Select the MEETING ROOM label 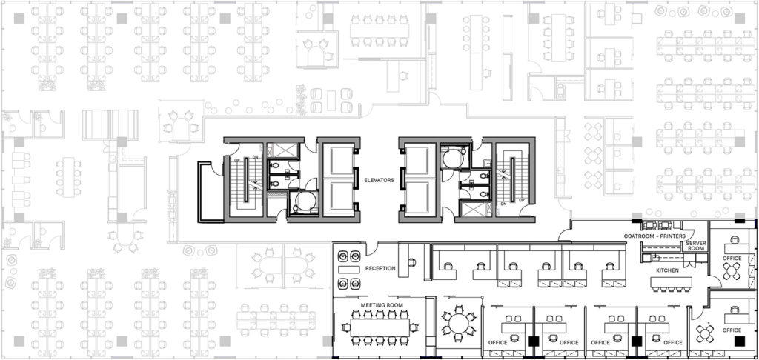381,305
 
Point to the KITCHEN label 667,271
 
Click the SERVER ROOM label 695,247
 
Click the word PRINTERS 671,236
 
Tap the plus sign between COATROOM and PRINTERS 654,236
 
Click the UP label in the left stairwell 236,160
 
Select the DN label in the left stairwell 256,157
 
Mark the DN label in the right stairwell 503,203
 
